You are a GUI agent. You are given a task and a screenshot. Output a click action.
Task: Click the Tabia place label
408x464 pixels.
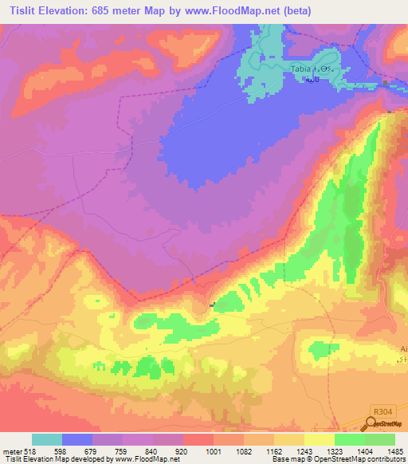[300, 70]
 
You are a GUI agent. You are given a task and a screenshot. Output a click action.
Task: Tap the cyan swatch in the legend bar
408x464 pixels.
[47, 439]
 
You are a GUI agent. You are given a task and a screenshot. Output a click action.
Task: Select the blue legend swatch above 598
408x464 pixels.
[77, 439]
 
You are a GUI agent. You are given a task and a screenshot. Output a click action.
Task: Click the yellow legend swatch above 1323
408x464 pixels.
[320, 439]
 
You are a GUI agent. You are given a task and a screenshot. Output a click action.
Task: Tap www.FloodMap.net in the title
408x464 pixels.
[240, 10]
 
